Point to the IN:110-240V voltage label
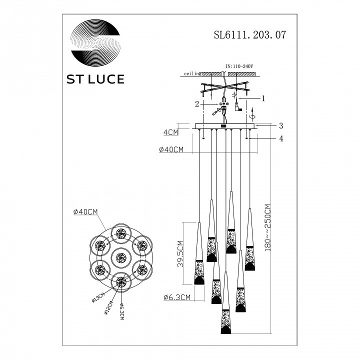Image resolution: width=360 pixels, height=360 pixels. [x=239, y=65]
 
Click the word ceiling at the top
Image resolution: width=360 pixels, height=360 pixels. [x=193, y=73]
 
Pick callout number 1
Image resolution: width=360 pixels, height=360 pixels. [x=263, y=98]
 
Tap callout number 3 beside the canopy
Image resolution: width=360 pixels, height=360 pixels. [x=281, y=125]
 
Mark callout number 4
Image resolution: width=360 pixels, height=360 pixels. [x=281, y=139]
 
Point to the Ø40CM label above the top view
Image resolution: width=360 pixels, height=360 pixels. [x=85, y=212]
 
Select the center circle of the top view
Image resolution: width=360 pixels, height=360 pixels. [x=119, y=258]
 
